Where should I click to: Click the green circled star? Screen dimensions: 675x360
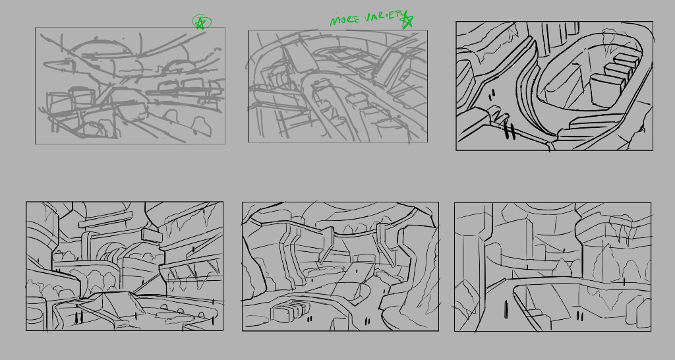tap(202, 22)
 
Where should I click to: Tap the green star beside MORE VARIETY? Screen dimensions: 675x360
tap(406, 20)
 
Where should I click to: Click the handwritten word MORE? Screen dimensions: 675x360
tap(344, 20)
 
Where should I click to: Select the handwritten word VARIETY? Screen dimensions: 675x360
tap(384, 16)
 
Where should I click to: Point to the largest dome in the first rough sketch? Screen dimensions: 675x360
tap(100, 47)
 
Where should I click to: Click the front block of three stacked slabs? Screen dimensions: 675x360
tap(607, 90)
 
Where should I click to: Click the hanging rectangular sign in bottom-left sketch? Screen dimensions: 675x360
tap(152, 235)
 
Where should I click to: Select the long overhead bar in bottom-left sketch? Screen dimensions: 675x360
tap(105, 220)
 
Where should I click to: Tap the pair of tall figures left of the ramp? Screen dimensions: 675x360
tap(78, 317)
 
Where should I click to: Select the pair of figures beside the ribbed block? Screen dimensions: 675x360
tap(309, 319)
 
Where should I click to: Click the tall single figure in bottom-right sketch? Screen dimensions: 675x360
tap(506, 310)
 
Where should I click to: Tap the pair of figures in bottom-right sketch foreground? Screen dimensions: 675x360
tap(580, 316)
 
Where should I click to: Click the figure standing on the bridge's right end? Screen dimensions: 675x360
tap(624, 282)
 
